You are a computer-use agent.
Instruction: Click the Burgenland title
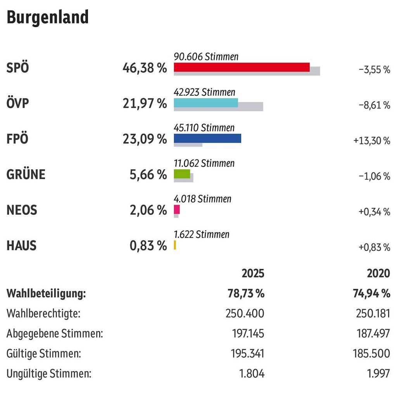pos(48,17)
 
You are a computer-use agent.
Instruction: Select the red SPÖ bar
pos(241,67)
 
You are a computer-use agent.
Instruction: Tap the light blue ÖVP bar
pos(205,103)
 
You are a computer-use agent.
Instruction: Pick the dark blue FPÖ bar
pos(207,138)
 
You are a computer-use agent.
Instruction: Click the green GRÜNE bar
pos(182,174)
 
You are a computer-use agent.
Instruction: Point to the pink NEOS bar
pos(177,210)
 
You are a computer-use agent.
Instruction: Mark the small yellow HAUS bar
pos(175,245)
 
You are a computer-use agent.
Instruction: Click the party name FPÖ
pos(17,139)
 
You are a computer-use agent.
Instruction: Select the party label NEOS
pos(22,210)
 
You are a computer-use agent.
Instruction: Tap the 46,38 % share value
pos(145,68)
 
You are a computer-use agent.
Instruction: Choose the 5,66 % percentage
pos(148,175)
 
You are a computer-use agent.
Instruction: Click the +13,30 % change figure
pos(371,141)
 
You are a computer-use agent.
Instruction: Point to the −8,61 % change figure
pos(374,105)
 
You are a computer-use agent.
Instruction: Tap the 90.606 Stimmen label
pos(206,57)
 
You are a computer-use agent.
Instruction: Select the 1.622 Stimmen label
pos(201,234)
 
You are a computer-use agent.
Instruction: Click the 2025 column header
pos(253,273)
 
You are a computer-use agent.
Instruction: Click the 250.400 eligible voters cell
pos(245,313)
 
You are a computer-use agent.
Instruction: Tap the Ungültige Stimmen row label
pos(49,374)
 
